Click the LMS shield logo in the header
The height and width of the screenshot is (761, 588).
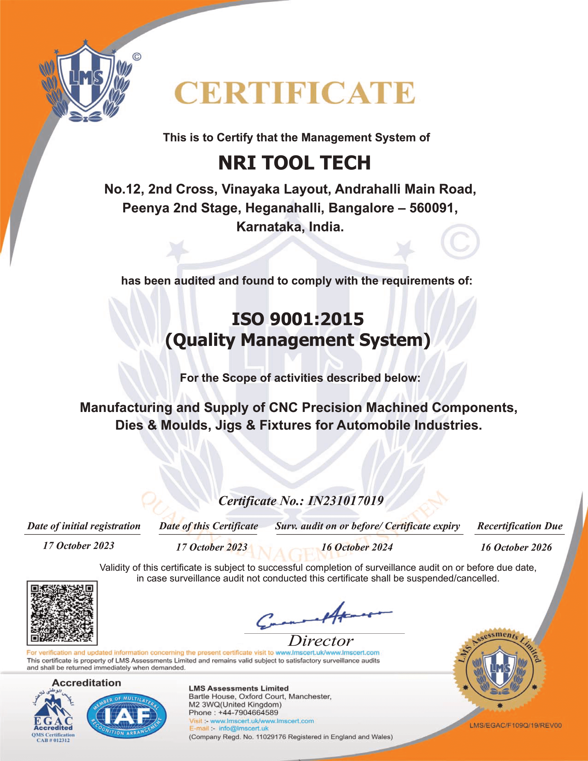coord(85,82)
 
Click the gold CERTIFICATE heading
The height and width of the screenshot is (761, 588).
coord(294,93)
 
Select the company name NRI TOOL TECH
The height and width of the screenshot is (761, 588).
coord(294,163)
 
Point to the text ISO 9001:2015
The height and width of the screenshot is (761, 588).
coord(298,319)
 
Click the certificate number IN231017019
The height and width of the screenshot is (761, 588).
coord(346,501)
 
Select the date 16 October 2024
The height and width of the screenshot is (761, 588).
coord(357,547)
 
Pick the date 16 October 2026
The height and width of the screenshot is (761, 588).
coord(516,548)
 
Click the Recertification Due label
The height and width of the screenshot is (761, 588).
coord(520,526)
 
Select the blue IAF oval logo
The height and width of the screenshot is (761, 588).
coord(127,716)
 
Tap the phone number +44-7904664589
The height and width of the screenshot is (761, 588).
coord(248,713)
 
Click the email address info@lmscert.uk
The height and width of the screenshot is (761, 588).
coord(244,728)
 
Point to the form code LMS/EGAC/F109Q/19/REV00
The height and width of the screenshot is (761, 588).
coord(516,725)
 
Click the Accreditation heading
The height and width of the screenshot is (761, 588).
coord(86,683)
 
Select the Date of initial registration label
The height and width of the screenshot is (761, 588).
coord(84,526)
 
